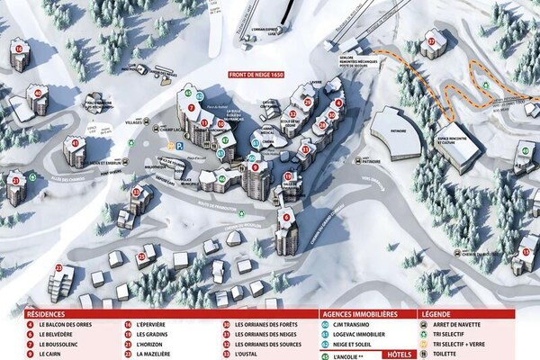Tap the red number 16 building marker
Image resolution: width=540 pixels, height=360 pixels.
pos(18,49)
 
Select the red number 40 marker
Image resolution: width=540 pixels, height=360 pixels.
pos(37,91)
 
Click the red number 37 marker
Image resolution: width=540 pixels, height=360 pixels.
pos(432,41)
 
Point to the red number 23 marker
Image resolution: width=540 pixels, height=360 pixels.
pos(58,267)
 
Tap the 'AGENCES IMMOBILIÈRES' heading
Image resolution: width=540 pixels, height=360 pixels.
pos(361,314)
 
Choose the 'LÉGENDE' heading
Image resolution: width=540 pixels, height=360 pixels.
pos(436,314)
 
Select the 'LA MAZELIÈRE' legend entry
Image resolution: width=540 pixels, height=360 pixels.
pos(154,355)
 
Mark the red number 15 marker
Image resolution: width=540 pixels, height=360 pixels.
pos(525,252)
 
